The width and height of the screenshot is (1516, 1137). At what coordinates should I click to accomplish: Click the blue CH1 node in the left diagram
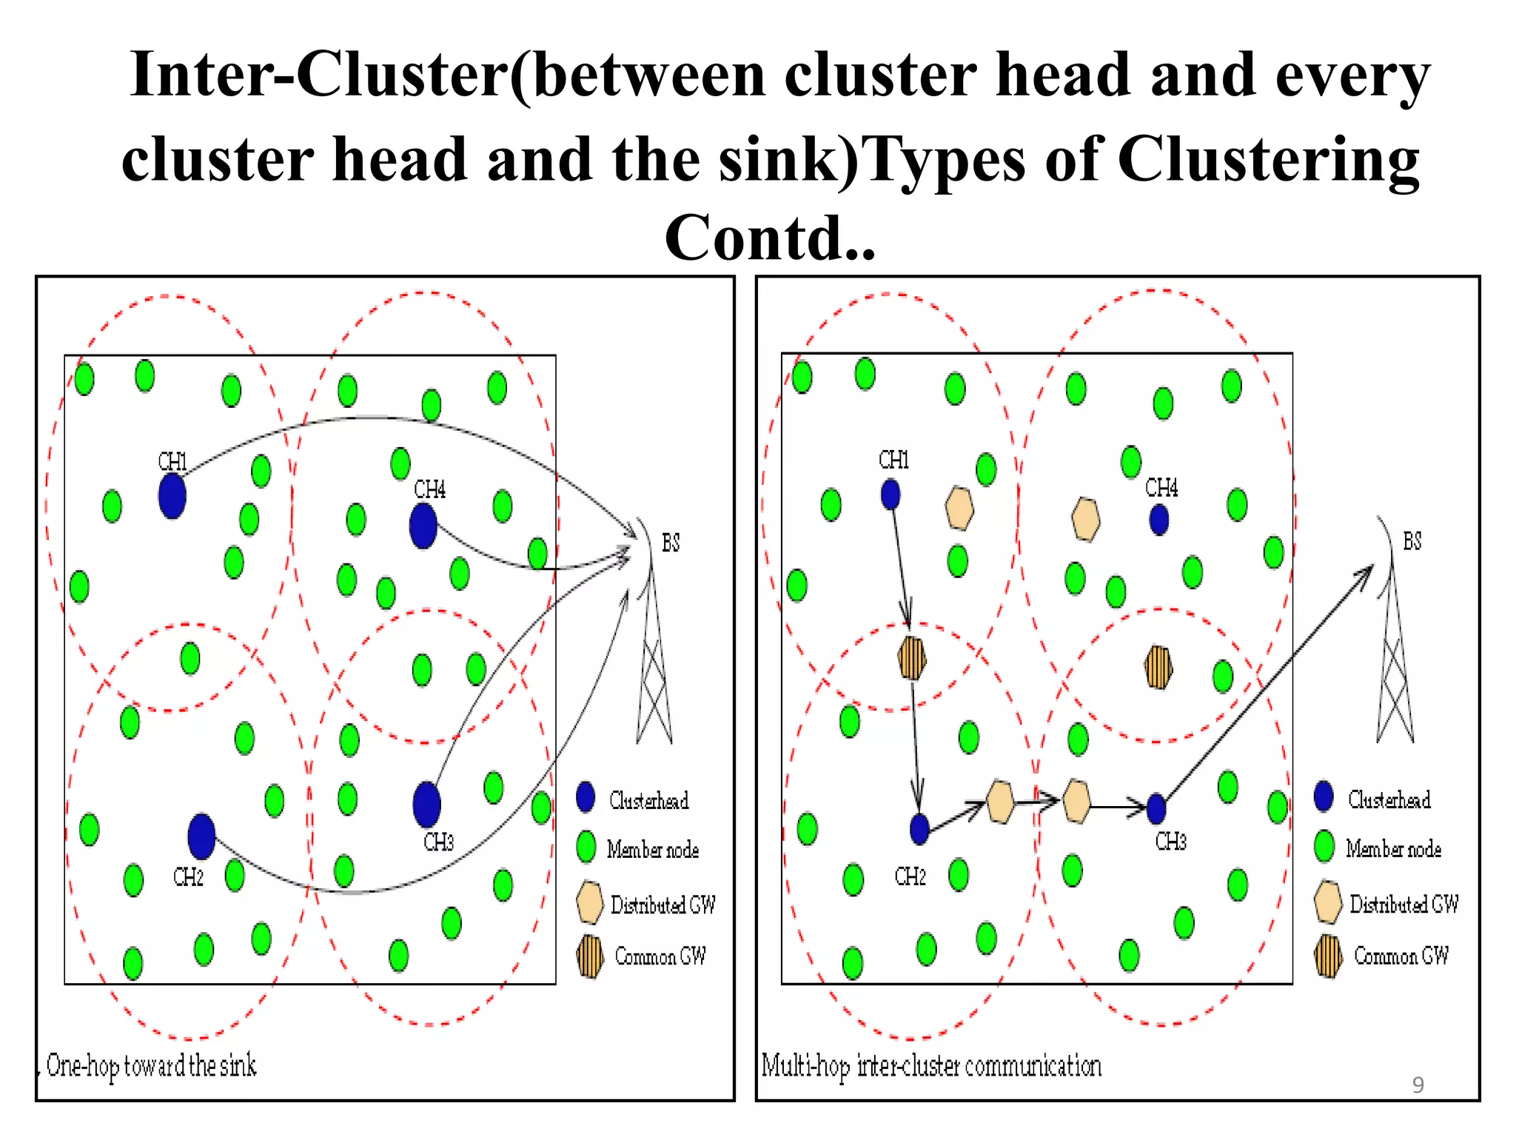[x=172, y=496]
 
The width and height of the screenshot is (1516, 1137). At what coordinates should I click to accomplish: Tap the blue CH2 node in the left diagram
[x=201, y=836]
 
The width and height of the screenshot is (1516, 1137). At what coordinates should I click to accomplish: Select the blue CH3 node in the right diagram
[x=1156, y=808]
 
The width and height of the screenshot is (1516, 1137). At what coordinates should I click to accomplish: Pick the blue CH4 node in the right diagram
[x=1159, y=520]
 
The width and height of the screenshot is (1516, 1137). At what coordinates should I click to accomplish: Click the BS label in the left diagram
[x=670, y=543]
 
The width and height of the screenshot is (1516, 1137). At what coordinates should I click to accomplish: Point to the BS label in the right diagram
[x=1412, y=541]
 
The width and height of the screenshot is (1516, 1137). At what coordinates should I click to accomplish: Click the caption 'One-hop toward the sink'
[x=151, y=1066]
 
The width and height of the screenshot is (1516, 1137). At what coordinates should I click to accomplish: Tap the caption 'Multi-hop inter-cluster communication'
[x=931, y=1066]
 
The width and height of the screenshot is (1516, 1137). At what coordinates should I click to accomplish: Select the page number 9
[x=1418, y=1085]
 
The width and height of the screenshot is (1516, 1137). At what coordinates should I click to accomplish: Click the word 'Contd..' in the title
[x=770, y=238]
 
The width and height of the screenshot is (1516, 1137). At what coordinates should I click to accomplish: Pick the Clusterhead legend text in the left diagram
[x=648, y=800]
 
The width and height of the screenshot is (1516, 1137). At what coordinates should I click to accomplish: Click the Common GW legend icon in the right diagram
[x=1328, y=956]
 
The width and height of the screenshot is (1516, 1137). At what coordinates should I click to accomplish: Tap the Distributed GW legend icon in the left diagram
[x=589, y=902]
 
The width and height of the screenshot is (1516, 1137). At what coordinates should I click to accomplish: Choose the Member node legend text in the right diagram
[x=1393, y=848]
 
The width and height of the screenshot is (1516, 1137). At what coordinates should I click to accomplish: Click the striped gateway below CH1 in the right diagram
[x=912, y=657]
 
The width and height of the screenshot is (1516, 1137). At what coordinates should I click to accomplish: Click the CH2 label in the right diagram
[x=910, y=876]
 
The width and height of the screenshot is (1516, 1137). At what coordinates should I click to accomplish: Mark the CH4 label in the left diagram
[x=429, y=489]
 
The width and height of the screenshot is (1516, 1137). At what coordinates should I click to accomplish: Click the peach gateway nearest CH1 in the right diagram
[x=959, y=508]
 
